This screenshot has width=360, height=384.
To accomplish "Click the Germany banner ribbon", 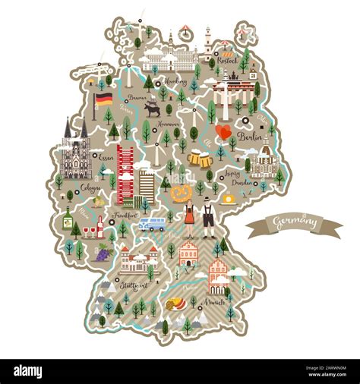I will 294,224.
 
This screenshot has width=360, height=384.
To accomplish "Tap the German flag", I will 103,99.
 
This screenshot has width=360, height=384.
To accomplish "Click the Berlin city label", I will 249,137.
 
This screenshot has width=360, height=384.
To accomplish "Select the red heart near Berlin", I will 223,132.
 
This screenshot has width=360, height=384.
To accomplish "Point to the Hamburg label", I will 175,81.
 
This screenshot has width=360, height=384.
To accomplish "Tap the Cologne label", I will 90,187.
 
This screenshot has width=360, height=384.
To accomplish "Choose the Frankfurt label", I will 126,216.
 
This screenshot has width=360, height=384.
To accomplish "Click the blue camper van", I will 152,223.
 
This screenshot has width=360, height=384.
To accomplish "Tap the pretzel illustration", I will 181,194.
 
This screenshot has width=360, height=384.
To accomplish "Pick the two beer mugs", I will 200,159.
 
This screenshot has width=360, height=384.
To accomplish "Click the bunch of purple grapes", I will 103,253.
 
